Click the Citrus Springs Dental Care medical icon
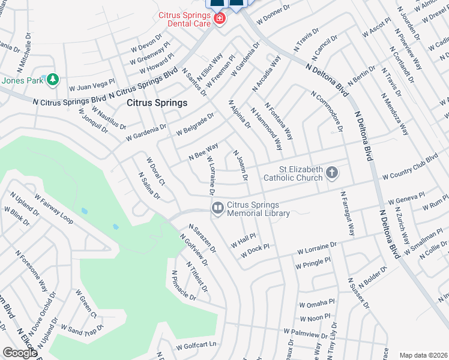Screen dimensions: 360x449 [220, 19]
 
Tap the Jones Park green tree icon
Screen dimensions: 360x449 [53, 79]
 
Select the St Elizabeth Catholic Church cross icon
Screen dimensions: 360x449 [332, 174]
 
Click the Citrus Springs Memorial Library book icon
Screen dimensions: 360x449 [217, 208]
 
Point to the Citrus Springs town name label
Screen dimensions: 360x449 [157, 103]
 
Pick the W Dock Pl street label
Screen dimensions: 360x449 [255, 251]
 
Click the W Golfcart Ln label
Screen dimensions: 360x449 [196, 346]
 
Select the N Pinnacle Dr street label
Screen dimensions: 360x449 [183, 286]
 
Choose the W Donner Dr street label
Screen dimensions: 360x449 [273, 14]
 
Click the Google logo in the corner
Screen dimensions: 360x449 [20, 353]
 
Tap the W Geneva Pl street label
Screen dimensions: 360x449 [406, 201]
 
